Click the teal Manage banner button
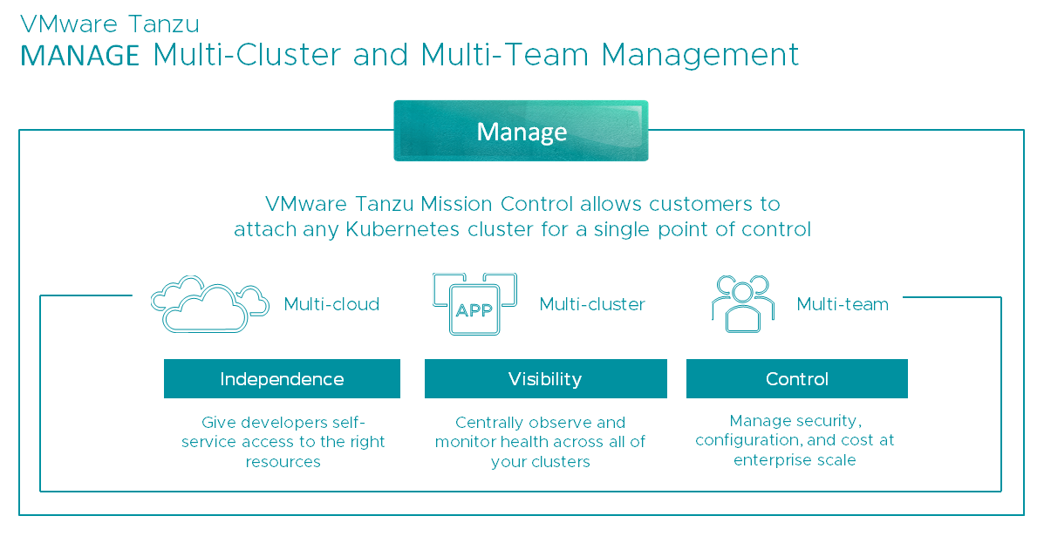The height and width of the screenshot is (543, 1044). coord(521,131)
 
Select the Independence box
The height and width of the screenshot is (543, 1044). coord(282,379)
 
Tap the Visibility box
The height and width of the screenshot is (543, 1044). coord(545,379)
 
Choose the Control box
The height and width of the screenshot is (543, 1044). coord(796,379)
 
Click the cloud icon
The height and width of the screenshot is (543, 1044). coord(209,305)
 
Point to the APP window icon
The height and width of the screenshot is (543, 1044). coord(474,305)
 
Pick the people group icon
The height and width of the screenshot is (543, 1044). coord(743,303)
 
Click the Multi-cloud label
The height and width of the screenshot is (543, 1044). coord(331,304)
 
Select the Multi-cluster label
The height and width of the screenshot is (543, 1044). coord(592,304)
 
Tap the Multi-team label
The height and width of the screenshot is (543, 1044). coord(843,304)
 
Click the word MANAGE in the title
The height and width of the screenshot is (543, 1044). coord(80,55)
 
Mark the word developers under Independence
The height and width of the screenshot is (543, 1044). coord(281,422)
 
